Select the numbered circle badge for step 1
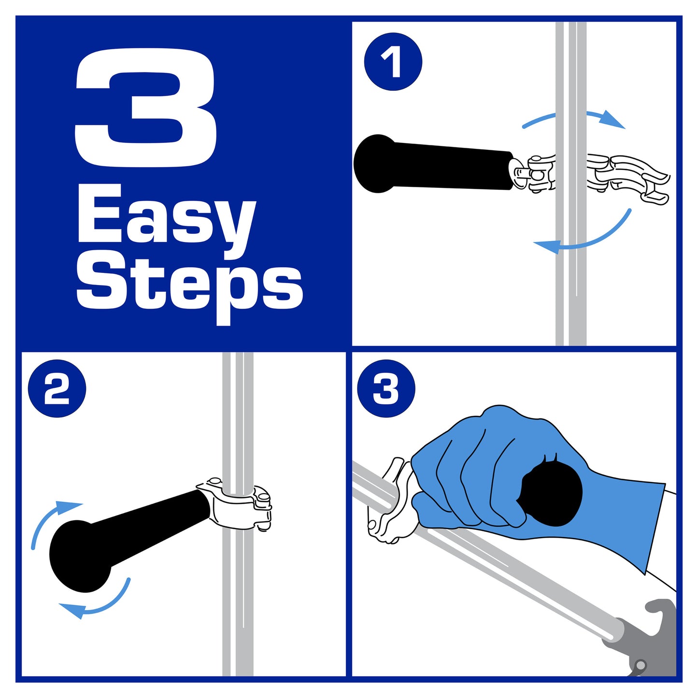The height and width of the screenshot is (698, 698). coord(393,62)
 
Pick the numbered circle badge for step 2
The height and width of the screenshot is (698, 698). coord(57,388)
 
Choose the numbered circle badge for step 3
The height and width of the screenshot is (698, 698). coord(386,388)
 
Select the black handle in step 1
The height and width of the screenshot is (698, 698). coord(433,164)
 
